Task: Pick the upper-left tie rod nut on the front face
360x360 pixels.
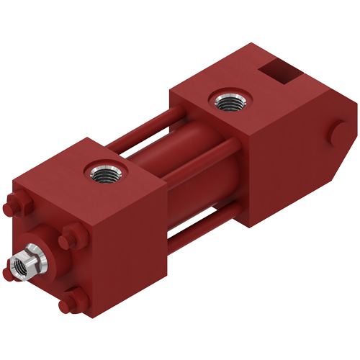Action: [x=22, y=209]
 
